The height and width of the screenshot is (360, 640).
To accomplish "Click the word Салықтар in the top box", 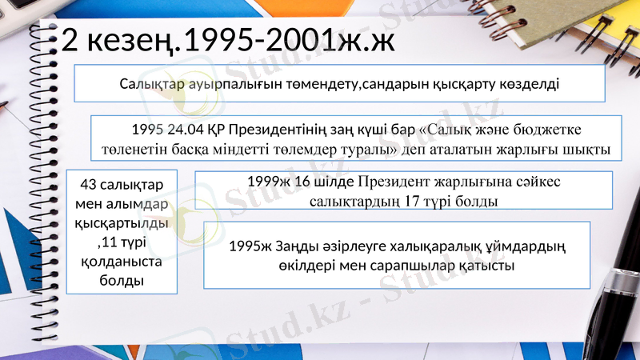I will pos(151,83).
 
